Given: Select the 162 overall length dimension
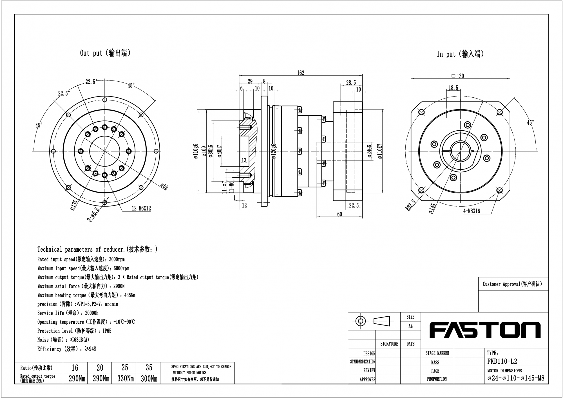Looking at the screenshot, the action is point(301,73).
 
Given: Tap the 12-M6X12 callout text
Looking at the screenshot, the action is point(141,209).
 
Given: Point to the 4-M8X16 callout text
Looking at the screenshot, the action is point(472,211).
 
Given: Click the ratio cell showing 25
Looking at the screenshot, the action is point(124,368).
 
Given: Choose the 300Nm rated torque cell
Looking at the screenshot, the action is point(149,379).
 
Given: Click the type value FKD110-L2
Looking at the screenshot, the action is point(502,361).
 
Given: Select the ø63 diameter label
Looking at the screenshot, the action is point(164,186).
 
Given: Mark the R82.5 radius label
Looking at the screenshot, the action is point(410,205).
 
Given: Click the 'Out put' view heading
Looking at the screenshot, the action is point(105,53).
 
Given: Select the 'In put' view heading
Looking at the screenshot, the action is point(460,54).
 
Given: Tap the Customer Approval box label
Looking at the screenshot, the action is point(512,284).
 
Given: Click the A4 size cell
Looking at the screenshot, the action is point(410,326).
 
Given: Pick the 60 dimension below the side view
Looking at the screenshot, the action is point(339,214).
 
